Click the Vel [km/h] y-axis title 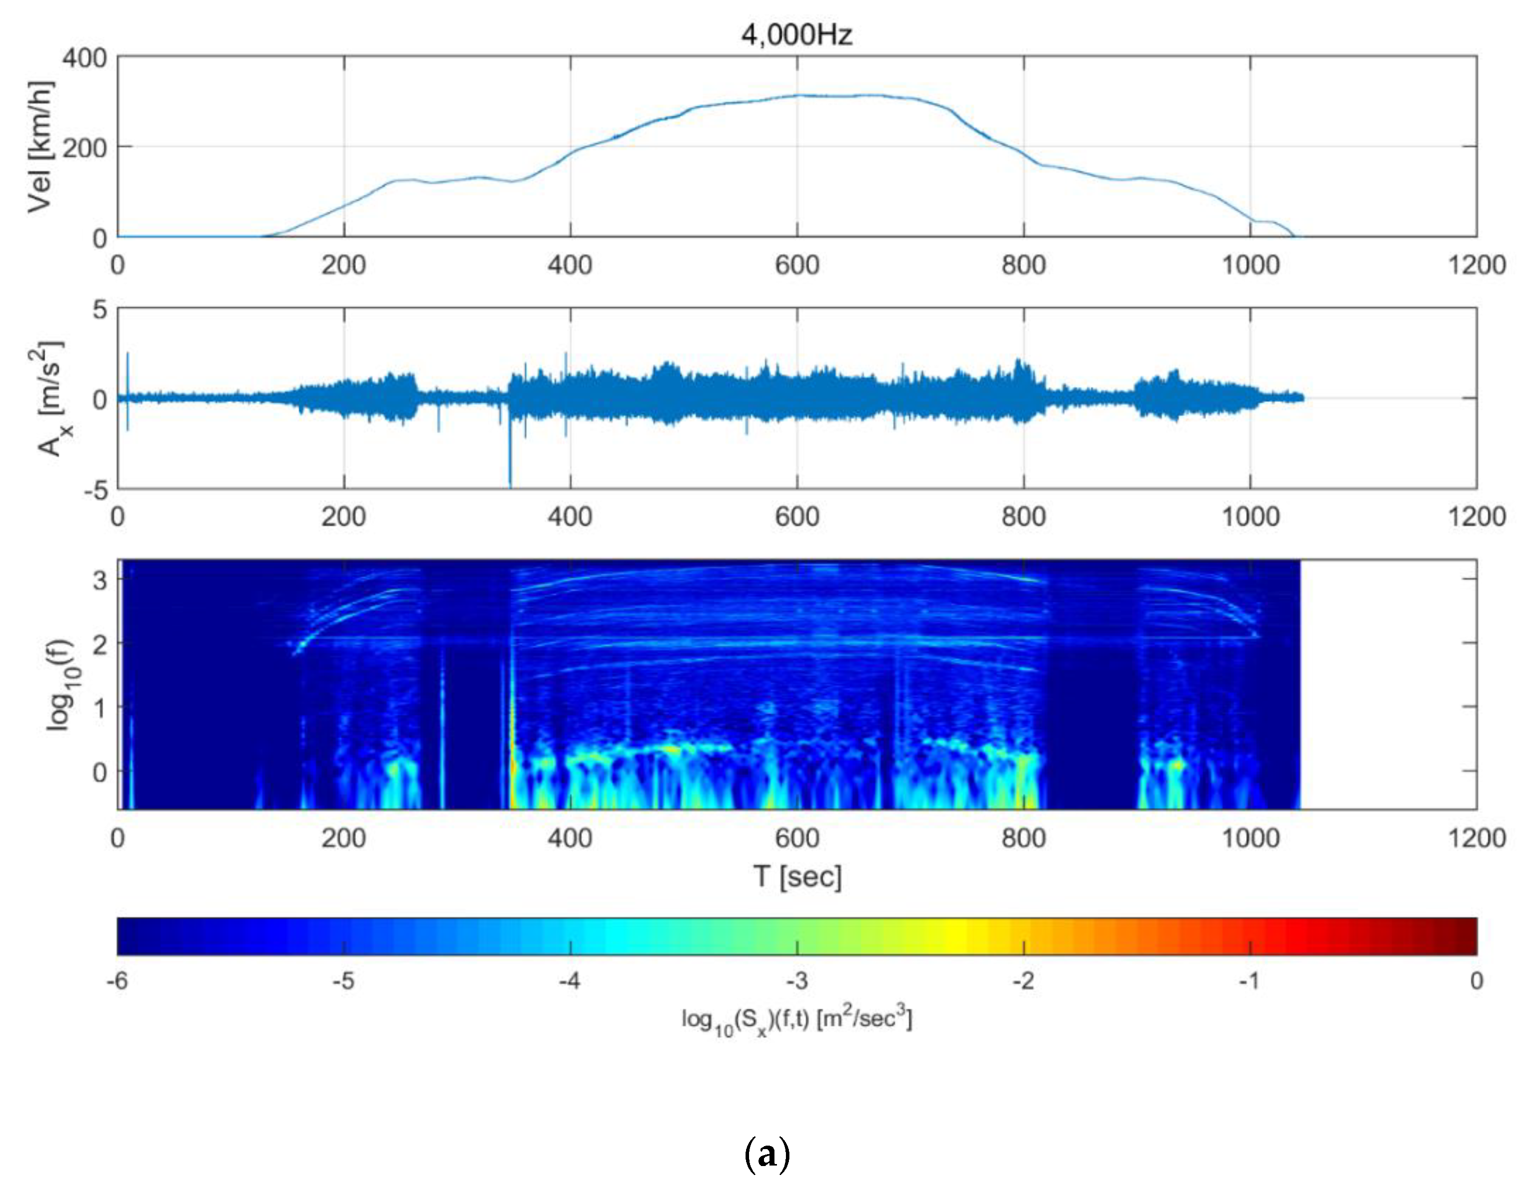click(40, 146)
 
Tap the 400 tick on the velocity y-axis click(85, 57)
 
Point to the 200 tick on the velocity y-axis click(85, 148)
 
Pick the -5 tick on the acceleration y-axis click(96, 490)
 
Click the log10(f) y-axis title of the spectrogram click(61, 684)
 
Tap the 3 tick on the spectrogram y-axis click(100, 580)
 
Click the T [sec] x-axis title click(797, 876)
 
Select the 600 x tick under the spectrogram click(797, 837)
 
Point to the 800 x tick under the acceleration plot click(1024, 517)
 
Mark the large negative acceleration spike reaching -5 click(510, 468)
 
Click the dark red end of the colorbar click(1467, 936)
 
